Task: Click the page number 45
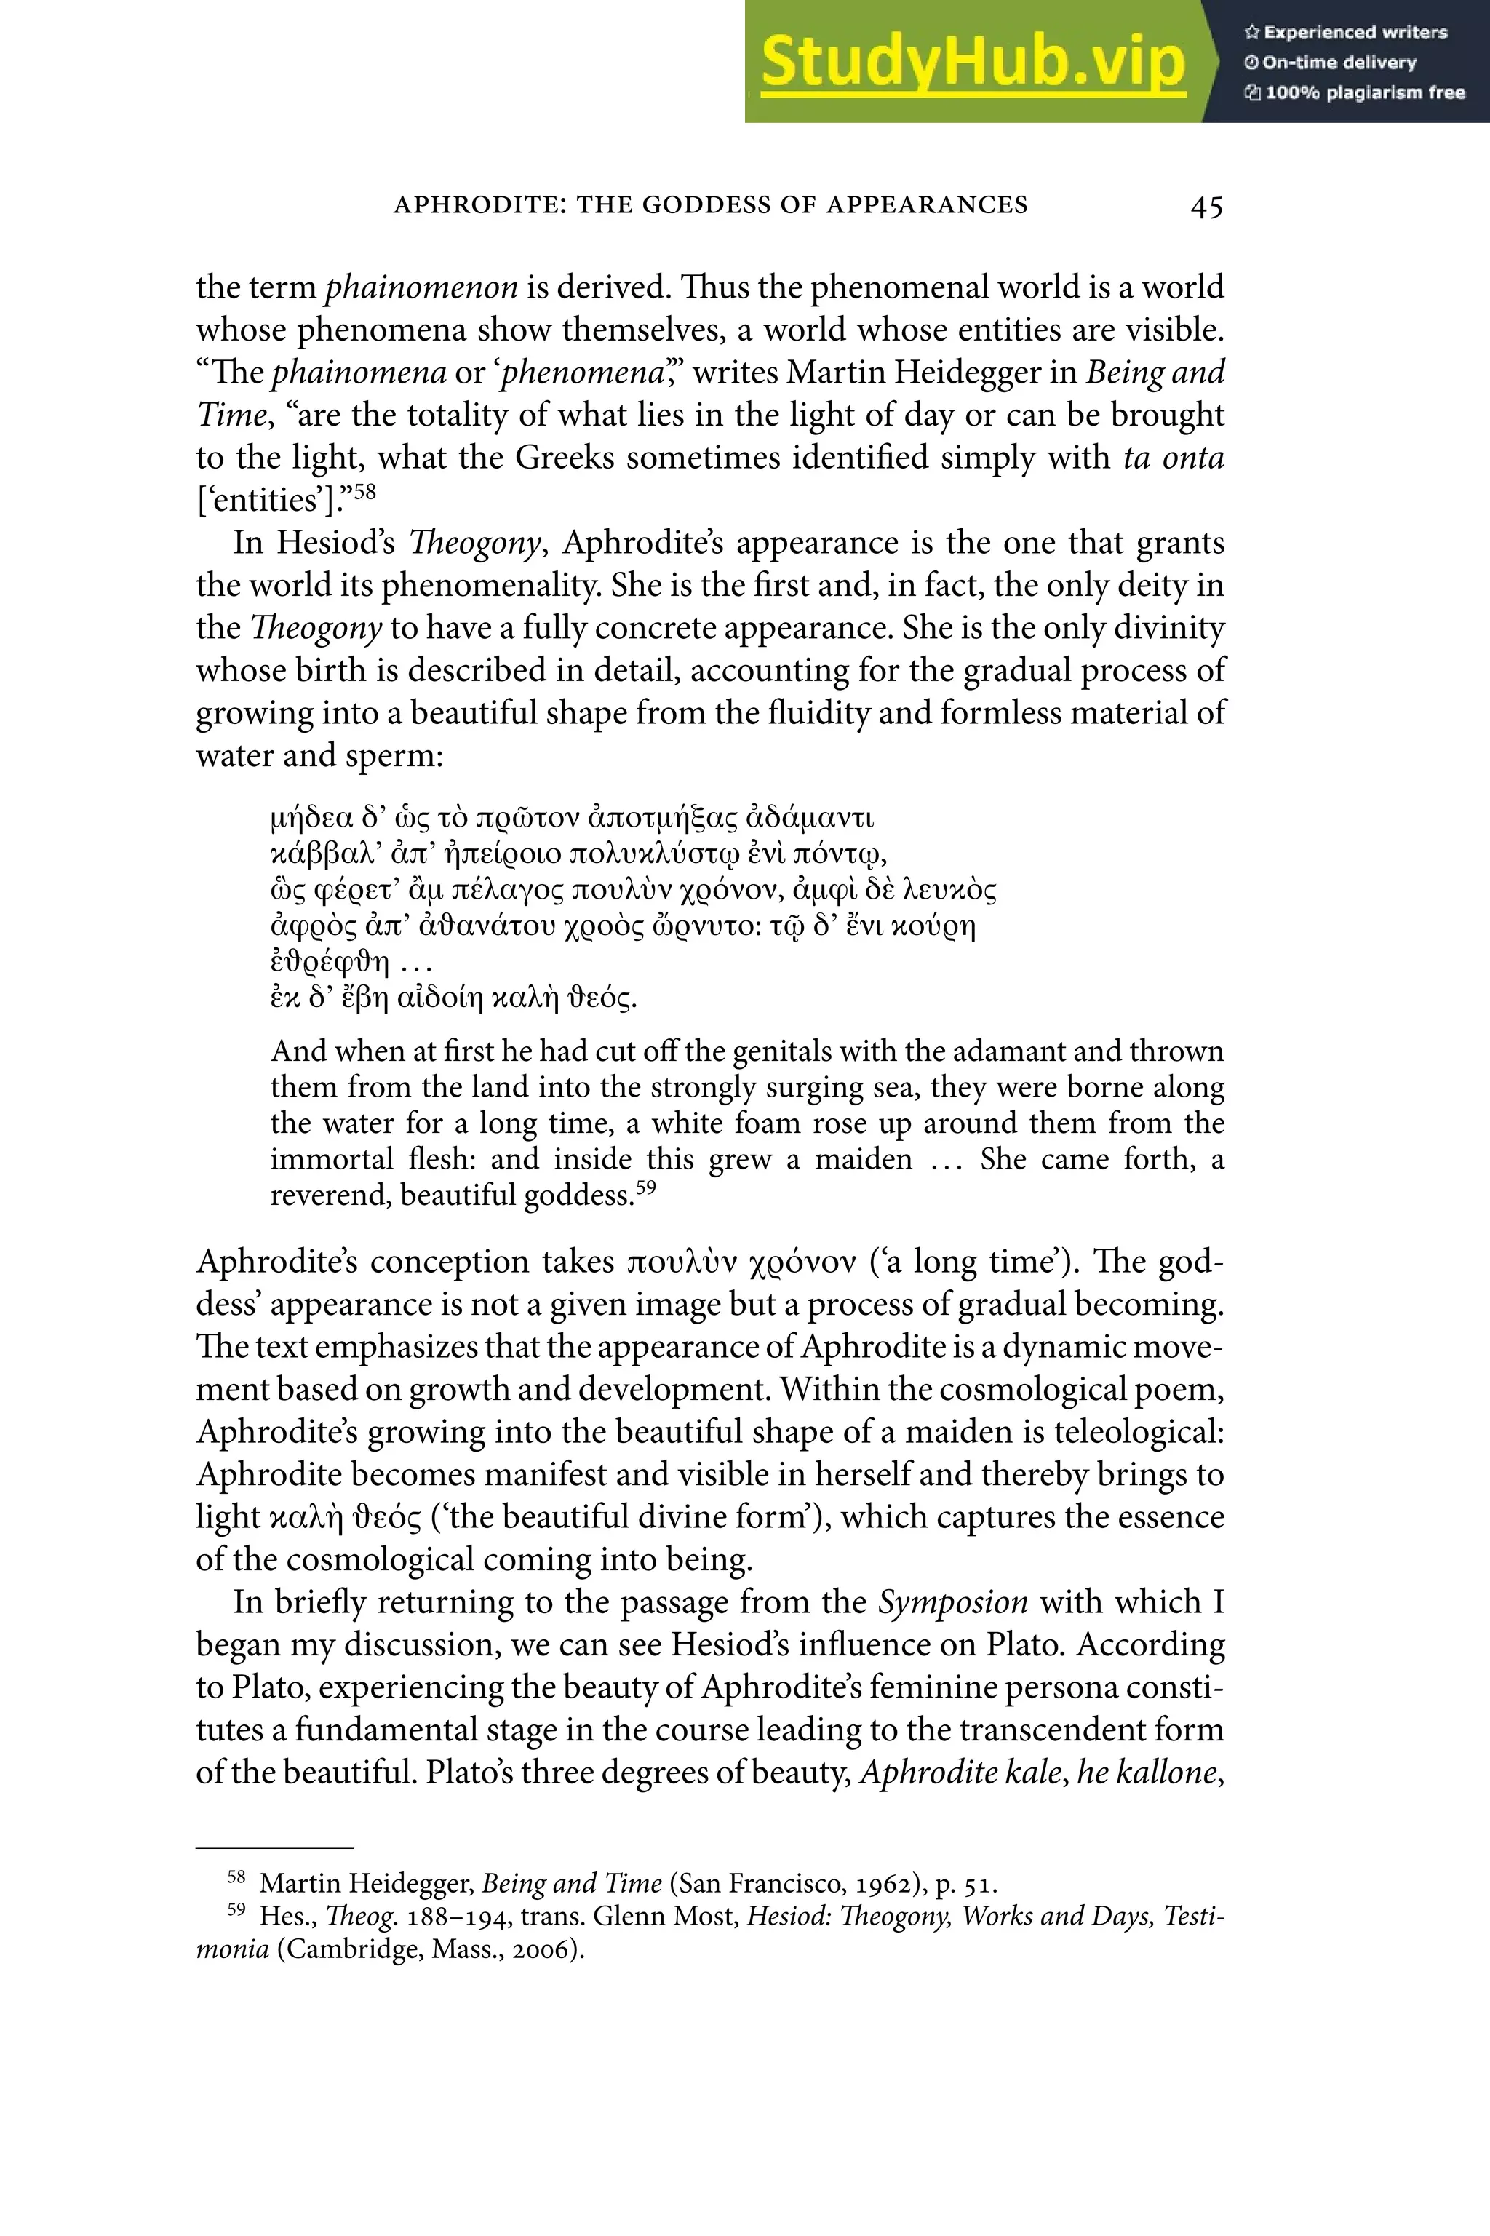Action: click(x=1206, y=206)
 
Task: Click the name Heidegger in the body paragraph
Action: click(x=965, y=372)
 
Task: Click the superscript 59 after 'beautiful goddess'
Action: click(x=645, y=1187)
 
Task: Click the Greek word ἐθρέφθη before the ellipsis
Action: click(x=330, y=962)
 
